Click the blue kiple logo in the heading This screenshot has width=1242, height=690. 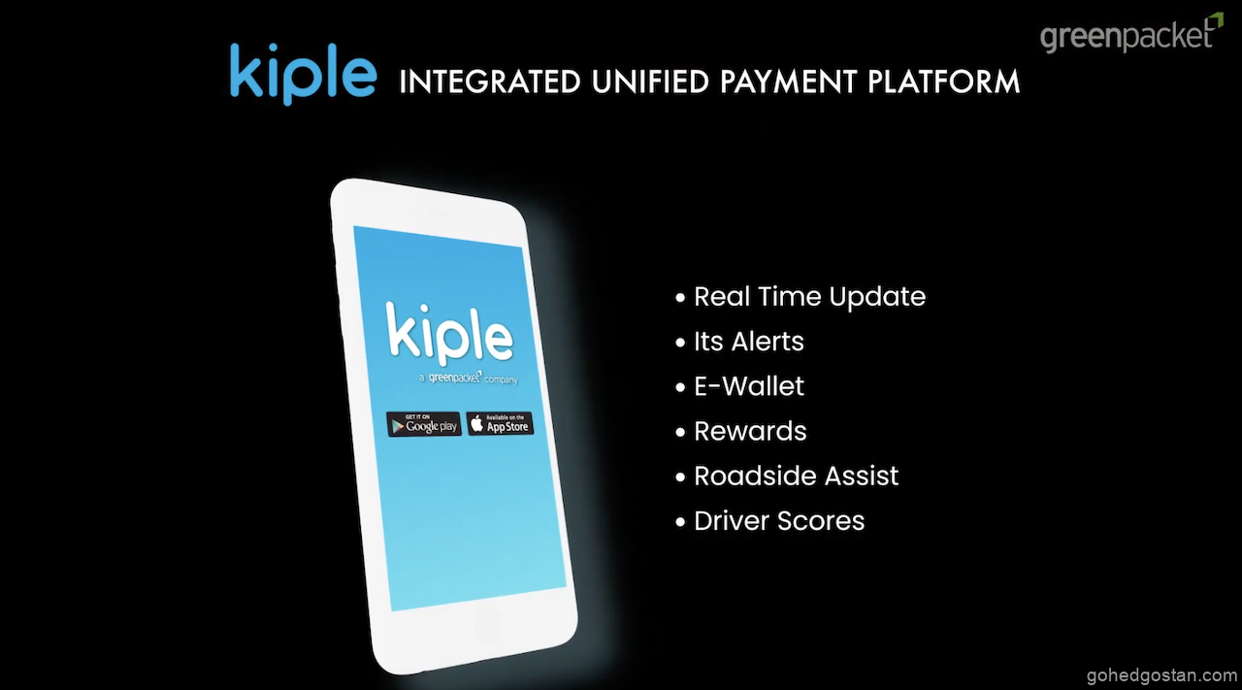(x=304, y=75)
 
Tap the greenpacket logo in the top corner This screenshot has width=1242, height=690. (x=1131, y=34)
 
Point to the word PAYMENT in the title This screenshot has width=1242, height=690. (x=789, y=82)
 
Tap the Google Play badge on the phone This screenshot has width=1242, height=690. (x=424, y=424)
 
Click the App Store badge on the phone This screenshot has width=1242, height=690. (x=500, y=424)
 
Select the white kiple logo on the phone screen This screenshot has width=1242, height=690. (x=449, y=333)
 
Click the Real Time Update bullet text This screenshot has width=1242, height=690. (x=809, y=297)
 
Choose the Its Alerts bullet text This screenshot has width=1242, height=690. (x=748, y=342)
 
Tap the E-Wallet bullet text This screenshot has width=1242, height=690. (x=749, y=386)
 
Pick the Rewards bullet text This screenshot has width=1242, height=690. (x=750, y=432)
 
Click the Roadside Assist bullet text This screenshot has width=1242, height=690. (x=797, y=476)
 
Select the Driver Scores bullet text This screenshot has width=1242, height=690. (x=779, y=521)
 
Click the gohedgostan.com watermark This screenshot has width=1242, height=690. (x=1161, y=675)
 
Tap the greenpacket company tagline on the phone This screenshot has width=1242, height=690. (x=469, y=378)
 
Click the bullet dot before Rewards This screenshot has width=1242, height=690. (x=680, y=432)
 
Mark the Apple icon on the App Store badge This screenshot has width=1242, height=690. (x=476, y=424)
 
